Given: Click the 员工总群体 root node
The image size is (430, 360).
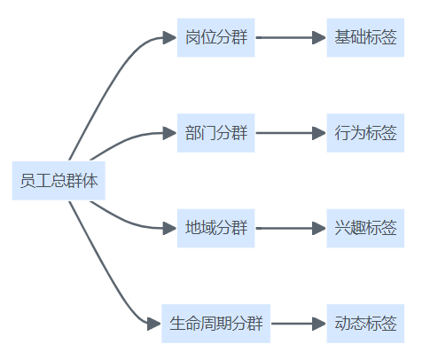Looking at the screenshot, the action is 59,181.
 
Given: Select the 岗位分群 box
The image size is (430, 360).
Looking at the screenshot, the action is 215,37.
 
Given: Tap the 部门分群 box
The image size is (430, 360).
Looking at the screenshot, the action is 215,133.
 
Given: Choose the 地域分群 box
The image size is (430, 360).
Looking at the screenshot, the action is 215,228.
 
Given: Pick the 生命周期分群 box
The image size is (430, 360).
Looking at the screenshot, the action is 215,324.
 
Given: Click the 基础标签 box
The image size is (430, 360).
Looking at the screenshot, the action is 365,37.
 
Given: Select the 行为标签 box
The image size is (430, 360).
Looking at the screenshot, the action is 365,133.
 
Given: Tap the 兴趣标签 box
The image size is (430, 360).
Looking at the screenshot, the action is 365,228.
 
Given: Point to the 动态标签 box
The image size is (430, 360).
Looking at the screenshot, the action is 365,324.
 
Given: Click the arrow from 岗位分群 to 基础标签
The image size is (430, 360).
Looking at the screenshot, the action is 291,37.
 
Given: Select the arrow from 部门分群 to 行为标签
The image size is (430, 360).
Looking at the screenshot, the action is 291,133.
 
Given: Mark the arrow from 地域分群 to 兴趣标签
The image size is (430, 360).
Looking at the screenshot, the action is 291,228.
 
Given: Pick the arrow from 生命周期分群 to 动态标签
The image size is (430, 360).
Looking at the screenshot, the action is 298,324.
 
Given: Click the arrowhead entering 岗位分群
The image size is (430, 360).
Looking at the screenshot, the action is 169,37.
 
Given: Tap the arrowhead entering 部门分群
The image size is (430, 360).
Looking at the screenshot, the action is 169,133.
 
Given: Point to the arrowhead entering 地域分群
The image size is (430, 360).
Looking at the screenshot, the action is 169,228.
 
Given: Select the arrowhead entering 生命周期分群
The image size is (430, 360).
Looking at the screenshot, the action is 154,324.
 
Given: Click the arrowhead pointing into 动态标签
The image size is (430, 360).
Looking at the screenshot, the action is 319,324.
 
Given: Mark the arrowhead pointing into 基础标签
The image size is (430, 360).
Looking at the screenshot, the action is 319,37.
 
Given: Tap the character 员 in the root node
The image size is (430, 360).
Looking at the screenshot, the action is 27,181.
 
